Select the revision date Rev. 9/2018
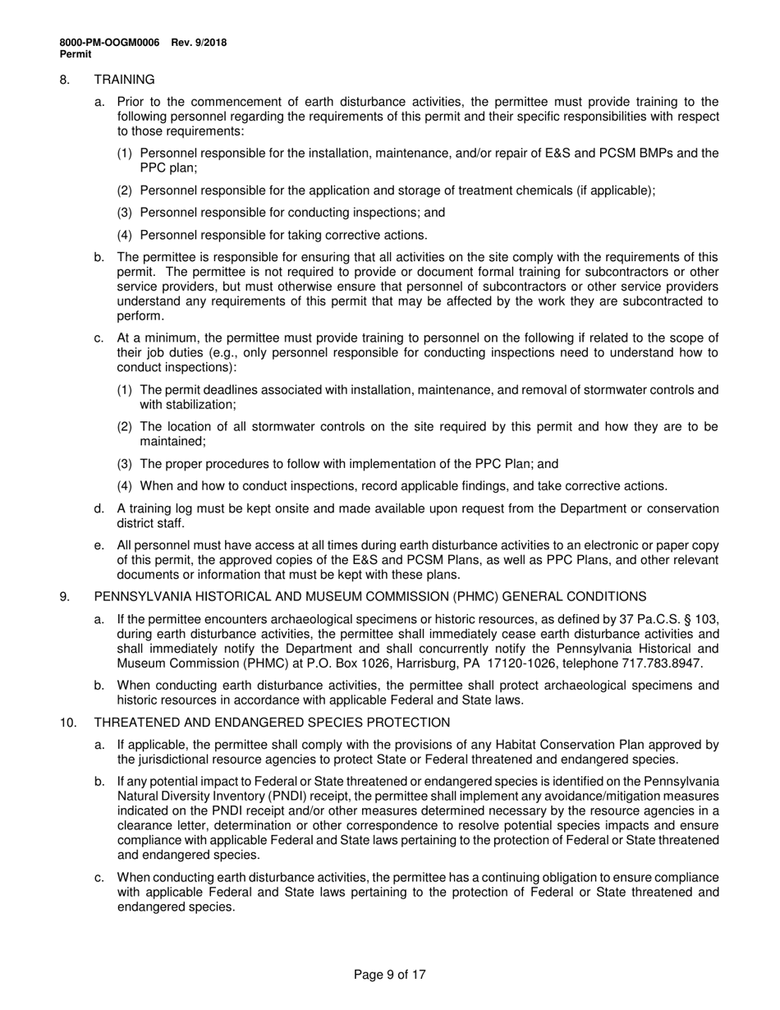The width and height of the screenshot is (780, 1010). click(x=200, y=43)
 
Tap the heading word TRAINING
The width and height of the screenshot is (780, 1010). click(x=124, y=80)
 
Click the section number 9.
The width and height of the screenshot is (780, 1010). click(x=64, y=596)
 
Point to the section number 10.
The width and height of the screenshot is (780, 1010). click(x=67, y=723)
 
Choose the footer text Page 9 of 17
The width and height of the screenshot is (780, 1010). click(x=389, y=976)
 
